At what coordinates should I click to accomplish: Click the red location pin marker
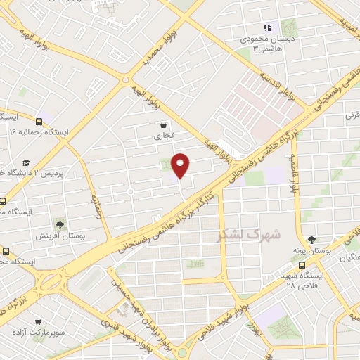pyautogui.click(x=181, y=165)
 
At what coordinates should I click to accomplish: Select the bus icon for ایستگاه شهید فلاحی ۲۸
pyautogui.click(x=302, y=265)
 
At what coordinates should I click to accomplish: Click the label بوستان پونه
pyautogui.click(x=312, y=251)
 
